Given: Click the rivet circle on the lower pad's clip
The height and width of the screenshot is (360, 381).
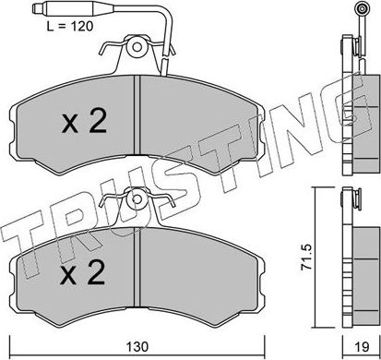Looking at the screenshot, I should [x=137, y=197].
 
